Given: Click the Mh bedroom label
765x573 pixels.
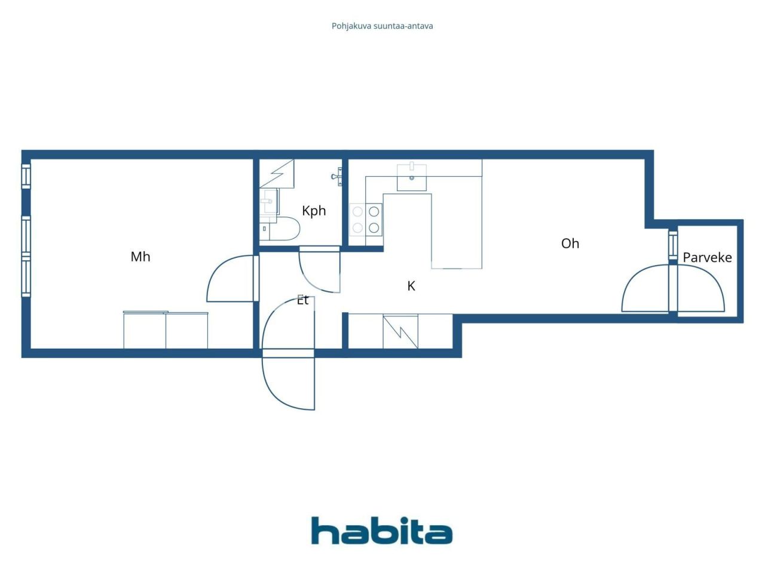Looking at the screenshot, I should click(140, 257).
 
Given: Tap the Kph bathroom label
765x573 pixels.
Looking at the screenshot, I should click(314, 211).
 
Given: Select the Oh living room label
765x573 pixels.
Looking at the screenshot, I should click(570, 243).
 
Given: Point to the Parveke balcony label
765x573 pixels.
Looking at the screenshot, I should click(707, 257).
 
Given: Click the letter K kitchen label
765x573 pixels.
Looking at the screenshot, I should click(411, 286).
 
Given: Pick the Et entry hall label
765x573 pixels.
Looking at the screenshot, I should click(303, 300).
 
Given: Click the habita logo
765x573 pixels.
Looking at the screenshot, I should click(381, 531).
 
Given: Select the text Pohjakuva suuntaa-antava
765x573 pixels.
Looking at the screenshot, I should click(382, 26).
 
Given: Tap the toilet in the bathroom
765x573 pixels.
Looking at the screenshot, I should click(283, 229).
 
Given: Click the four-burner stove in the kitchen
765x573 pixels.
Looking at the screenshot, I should click(366, 220).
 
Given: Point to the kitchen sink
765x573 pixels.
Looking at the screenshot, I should click(412, 177).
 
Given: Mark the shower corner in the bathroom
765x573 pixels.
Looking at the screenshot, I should click(277, 174).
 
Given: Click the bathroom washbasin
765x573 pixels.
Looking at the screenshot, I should click(268, 202).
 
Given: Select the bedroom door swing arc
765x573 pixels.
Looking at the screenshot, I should click(229, 279).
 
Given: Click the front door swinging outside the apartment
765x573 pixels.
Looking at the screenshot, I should click(289, 382).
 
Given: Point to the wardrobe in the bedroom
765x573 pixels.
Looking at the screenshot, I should click(166, 330).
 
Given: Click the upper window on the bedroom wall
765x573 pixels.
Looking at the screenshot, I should click(26, 176).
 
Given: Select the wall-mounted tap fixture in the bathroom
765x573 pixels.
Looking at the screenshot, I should click(337, 176).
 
